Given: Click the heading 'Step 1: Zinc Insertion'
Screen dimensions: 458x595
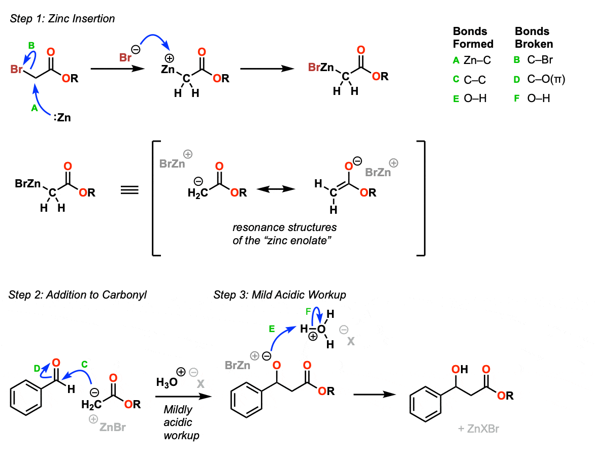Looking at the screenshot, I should click(62, 19).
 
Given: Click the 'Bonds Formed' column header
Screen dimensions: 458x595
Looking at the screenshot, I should click(473, 38).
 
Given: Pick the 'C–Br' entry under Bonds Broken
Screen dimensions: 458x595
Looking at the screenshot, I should click(539, 60).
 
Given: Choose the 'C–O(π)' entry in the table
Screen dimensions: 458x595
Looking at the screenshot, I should click(546, 79).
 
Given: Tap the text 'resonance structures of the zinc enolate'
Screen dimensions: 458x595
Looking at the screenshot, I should click(284, 233).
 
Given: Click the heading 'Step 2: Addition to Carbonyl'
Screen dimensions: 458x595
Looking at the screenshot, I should click(78, 295).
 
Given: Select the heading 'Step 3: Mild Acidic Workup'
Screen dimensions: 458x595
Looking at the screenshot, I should click(279, 295).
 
